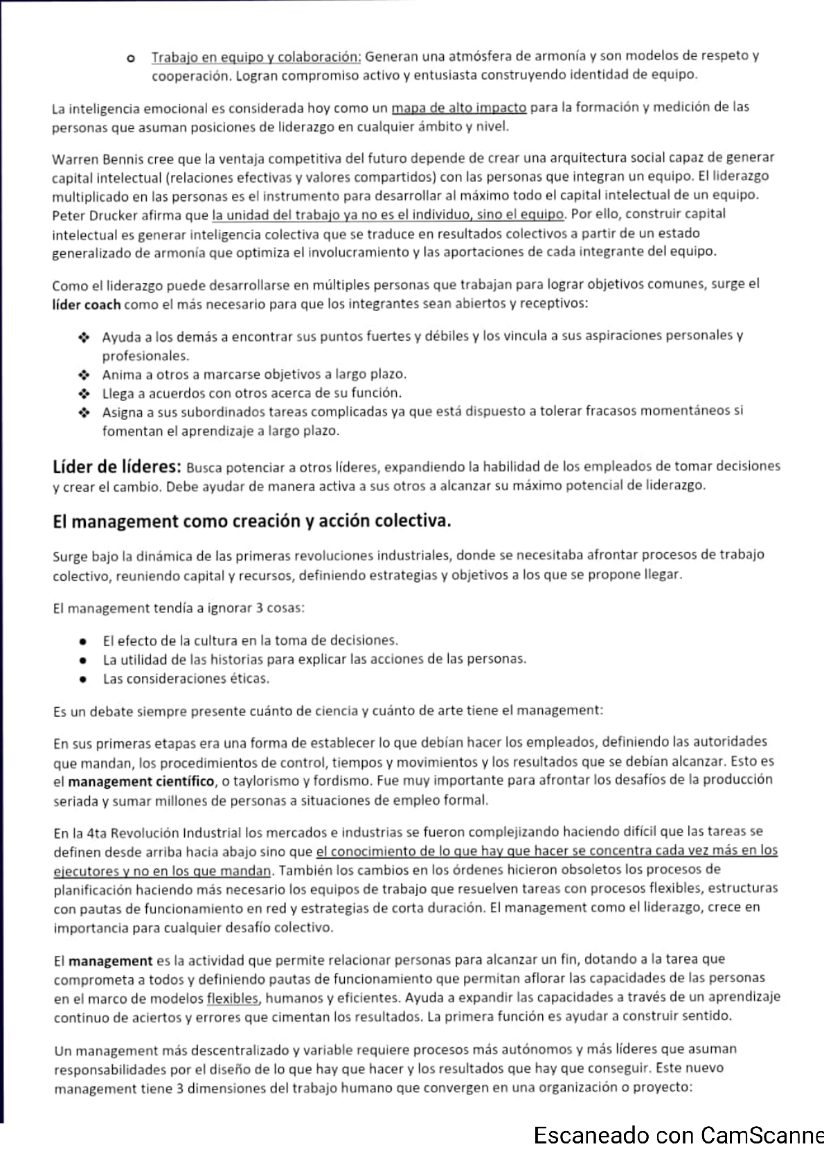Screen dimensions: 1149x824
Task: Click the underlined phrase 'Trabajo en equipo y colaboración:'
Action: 256,56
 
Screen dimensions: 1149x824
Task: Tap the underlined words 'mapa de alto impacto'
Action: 459,107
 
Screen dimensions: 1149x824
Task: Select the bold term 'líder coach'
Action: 87,305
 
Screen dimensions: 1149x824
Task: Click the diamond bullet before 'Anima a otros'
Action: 84,375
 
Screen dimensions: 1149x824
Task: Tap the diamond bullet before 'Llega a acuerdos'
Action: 84,393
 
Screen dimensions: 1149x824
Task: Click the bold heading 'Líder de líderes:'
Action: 117,466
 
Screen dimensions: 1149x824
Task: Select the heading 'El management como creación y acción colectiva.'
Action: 252,521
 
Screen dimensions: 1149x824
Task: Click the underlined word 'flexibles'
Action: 233,998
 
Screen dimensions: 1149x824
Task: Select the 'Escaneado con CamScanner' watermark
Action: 678,1136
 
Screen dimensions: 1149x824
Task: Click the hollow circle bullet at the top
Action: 129,57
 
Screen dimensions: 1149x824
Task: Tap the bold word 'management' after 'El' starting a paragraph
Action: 110,961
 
